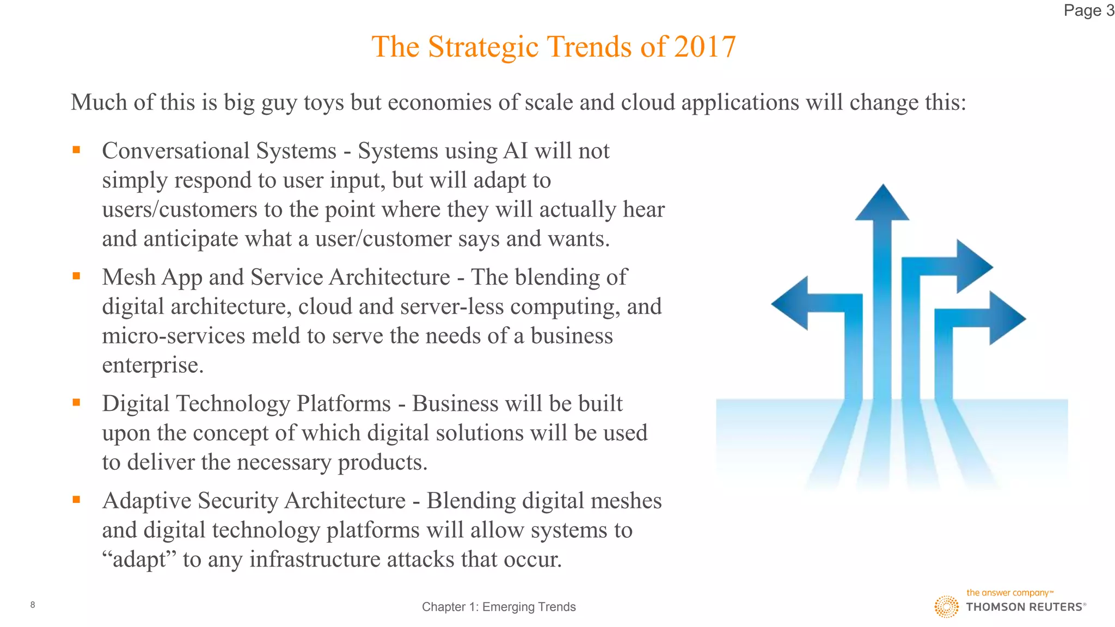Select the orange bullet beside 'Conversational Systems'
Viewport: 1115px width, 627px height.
coord(76,150)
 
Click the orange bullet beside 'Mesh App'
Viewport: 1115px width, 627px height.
coord(76,276)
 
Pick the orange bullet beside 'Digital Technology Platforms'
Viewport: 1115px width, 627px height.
coord(76,402)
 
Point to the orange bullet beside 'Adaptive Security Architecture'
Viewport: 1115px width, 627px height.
coord(76,499)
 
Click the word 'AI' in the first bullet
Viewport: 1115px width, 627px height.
coord(516,151)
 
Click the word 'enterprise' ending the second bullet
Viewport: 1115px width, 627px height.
coord(150,365)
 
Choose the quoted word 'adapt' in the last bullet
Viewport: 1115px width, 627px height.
coord(142,560)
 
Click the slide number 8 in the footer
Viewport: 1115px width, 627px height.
coord(33,605)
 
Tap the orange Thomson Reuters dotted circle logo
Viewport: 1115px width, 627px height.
coord(947,606)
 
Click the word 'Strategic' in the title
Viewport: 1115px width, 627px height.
coord(485,47)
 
